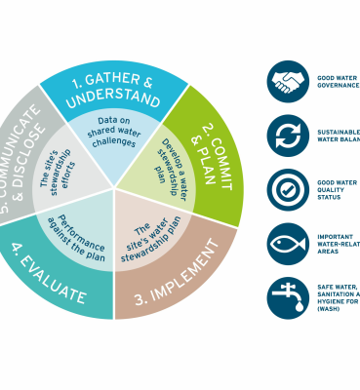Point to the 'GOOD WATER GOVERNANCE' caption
[338, 82]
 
